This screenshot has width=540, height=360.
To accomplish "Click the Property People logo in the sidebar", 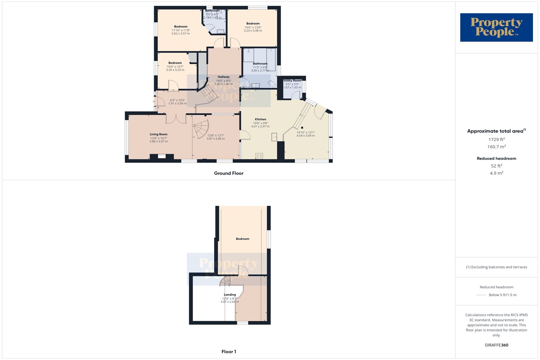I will click(x=496, y=27).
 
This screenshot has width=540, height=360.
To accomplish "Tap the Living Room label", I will click(x=158, y=134).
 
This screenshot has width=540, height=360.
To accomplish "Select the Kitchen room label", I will click(x=260, y=119).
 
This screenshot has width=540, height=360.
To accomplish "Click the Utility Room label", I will click(x=292, y=81).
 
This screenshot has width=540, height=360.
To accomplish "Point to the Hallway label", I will click(x=224, y=77).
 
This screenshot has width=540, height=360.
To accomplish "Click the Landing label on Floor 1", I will click(x=230, y=295).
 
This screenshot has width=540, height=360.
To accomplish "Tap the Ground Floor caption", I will click(x=229, y=173).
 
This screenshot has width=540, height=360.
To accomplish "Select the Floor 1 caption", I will click(x=229, y=352).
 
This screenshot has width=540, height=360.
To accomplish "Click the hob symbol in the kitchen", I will click(x=259, y=156).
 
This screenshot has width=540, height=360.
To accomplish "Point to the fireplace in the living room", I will click(x=162, y=156).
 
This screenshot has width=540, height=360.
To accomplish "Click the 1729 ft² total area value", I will click(x=496, y=139).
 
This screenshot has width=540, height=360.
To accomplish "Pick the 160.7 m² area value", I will click(x=496, y=147).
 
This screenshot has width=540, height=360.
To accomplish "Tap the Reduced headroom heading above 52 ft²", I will click(x=496, y=158).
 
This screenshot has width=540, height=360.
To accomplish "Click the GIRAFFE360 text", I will click(x=496, y=345).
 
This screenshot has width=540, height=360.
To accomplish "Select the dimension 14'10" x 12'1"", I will click(x=306, y=132).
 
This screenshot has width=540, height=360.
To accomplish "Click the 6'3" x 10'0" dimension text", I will click(x=177, y=100).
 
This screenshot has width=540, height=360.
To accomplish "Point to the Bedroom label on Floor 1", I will click(x=242, y=239).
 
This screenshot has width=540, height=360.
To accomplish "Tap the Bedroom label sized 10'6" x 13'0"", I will click(x=253, y=24).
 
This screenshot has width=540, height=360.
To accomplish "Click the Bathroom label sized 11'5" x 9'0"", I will click(x=260, y=64).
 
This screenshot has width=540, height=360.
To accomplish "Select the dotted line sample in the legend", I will click(x=481, y=295).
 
